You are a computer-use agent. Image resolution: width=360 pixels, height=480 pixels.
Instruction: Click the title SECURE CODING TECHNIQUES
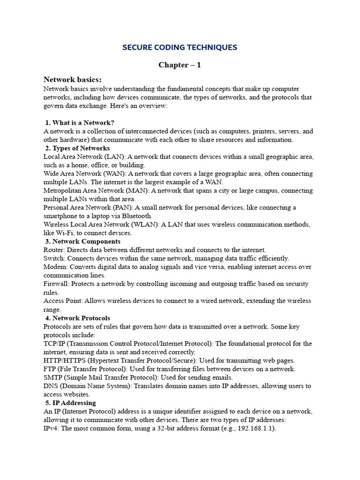click(x=180, y=47)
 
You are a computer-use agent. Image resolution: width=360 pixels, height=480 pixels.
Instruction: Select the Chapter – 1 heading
click(x=180, y=65)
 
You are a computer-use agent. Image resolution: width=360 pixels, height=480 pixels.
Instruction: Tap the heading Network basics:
click(x=72, y=80)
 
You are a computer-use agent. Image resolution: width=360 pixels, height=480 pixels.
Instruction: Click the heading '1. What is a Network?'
click(x=80, y=123)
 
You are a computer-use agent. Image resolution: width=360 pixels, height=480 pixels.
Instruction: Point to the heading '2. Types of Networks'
click(x=78, y=148)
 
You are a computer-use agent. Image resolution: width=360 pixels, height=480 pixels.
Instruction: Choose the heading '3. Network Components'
click(x=83, y=241)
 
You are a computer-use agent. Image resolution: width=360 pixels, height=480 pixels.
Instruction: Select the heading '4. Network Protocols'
click(x=78, y=318)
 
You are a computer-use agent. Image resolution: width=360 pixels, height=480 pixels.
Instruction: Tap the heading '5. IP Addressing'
click(x=71, y=403)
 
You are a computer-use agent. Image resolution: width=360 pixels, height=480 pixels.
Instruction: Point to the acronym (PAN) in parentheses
click(x=124, y=208)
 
